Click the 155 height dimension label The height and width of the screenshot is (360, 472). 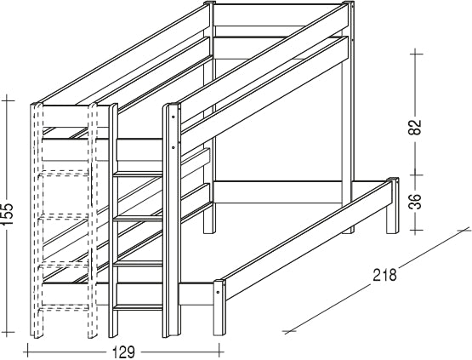click(x=8, y=214)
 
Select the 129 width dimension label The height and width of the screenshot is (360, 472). click(x=124, y=351)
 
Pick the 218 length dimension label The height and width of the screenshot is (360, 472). click(x=385, y=275)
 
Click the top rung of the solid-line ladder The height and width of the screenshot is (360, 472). click(x=139, y=174)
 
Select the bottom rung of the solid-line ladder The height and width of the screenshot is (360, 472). click(x=138, y=307)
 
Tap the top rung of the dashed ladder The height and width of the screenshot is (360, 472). click(x=64, y=173)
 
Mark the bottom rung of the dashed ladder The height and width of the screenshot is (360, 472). click(x=64, y=307)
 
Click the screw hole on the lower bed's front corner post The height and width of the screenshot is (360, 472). click(x=218, y=292)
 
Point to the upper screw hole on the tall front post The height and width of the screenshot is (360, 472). click(x=173, y=117)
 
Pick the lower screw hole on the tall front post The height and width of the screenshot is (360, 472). click(x=173, y=147)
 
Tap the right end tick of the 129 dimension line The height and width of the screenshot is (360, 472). click(x=220, y=351)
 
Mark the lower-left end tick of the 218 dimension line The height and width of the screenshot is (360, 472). click(x=290, y=332)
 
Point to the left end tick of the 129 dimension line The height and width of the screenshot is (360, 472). click(x=28, y=351)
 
